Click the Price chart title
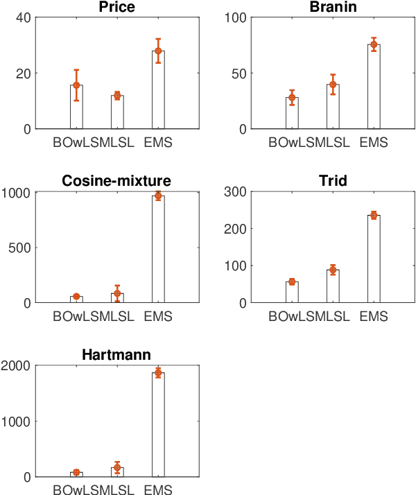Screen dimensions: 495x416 (116, 7)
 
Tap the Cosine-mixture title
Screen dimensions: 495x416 (116, 181)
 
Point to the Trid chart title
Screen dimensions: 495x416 (332, 181)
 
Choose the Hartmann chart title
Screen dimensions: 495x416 (116, 355)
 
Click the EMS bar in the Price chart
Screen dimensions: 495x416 (158, 90)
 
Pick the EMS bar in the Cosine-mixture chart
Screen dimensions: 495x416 (158, 250)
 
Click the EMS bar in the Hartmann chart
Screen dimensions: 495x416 (158, 424)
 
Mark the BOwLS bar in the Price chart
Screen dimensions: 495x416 (76, 107)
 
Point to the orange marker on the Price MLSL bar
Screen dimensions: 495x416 (117, 96)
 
